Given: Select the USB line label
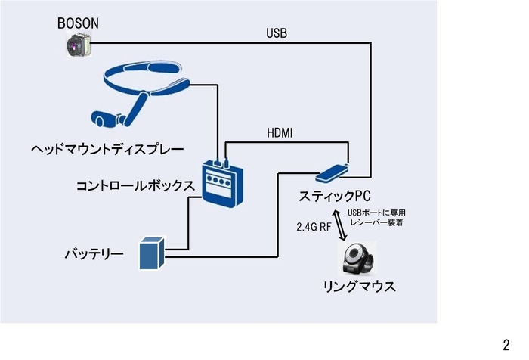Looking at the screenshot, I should point(277,33).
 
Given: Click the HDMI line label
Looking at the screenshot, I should point(280,133).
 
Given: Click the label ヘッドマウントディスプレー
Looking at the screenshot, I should point(107,148).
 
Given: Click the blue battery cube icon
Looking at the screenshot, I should point(151,253).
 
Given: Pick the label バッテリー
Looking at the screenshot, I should point(93,253).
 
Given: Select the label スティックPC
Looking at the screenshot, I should point(334,194).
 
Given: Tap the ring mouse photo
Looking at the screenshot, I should point(359,259).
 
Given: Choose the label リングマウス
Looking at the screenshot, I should point(359,288).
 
